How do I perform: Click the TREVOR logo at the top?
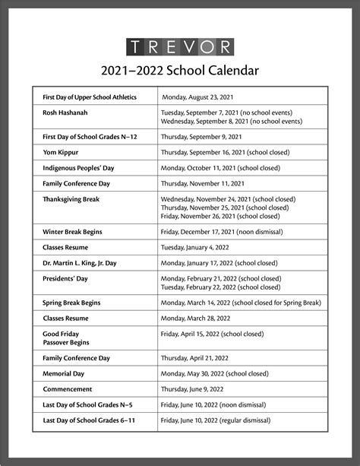click(180, 46)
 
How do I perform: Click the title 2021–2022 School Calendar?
click(180, 71)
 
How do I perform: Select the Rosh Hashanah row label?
click(65, 113)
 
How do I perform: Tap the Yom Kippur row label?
click(61, 151)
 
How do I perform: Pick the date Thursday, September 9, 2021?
click(201, 136)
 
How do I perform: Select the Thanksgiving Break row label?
click(71, 199)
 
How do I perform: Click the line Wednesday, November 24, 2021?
click(228, 199)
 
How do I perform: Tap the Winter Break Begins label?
click(72, 231)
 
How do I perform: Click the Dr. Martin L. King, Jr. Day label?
click(80, 263)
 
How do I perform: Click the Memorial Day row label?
click(66, 374)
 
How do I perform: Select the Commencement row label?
click(68, 389)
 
